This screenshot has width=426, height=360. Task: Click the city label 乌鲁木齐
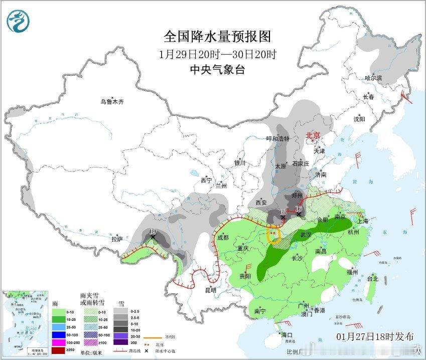click(111, 102)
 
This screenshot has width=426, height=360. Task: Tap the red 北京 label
click(313, 135)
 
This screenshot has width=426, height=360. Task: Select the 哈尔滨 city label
click(373, 78)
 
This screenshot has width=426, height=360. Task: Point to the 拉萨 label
click(117, 239)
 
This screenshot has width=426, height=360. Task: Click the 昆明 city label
click(210, 290)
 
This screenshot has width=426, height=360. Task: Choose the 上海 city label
click(362, 221)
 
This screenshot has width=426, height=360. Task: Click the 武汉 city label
click(306, 235)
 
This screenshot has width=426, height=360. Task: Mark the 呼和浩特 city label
click(277, 139)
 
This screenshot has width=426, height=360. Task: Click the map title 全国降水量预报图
click(217, 36)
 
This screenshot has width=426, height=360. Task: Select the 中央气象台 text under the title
click(217, 70)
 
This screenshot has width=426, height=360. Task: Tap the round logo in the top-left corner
click(19, 21)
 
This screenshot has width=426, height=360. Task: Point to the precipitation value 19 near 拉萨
click(153, 232)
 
